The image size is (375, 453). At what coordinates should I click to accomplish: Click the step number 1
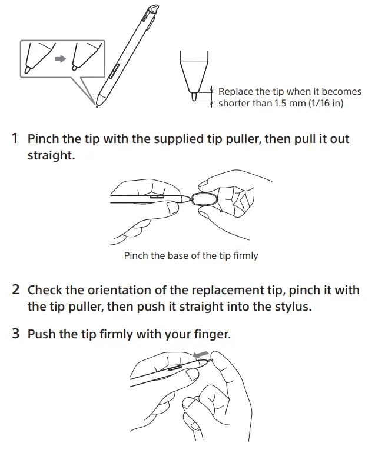pyautogui.click(x=15, y=139)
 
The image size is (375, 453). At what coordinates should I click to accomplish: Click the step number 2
pyautogui.click(x=16, y=290)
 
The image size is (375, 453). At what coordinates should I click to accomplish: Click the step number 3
pyautogui.click(x=16, y=334)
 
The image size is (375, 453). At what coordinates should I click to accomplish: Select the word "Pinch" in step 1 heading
pyautogui.click(x=44, y=139)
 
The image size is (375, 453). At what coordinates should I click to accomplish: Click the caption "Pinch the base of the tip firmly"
pyautogui.click(x=191, y=255)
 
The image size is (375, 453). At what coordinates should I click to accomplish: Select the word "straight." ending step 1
pyautogui.click(x=51, y=156)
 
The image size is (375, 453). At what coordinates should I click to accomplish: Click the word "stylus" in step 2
pyautogui.click(x=291, y=307)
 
